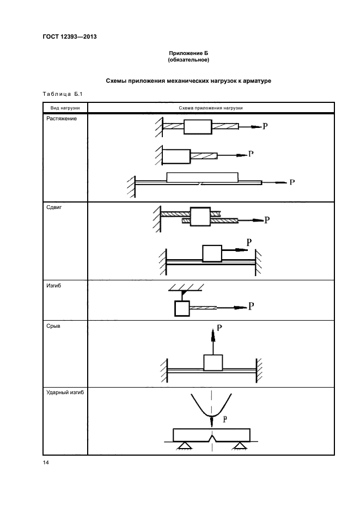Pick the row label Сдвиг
point(53,207)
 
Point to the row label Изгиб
point(53,285)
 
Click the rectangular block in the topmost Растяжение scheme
point(197,127)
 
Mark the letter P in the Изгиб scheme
point(251,306)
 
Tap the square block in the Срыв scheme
point(213,363)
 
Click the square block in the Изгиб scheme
point(182,309)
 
